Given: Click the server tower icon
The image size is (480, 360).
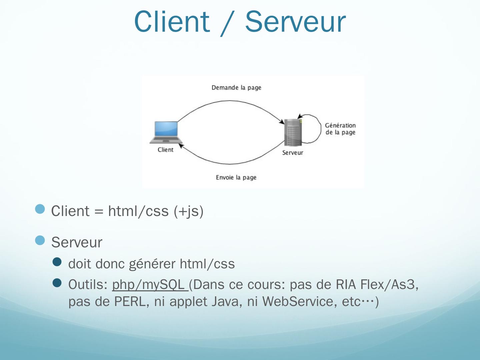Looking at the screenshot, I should [293, 132].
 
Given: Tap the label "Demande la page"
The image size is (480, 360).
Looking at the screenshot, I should [236, 88].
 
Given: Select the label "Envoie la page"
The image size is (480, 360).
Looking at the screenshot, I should [236, 177].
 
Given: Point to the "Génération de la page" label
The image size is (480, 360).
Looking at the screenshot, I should [340, 129].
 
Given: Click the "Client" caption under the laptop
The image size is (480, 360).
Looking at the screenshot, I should [165, 150].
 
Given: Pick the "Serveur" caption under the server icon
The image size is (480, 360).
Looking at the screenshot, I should [293, 153].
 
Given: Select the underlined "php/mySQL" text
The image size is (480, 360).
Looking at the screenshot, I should [148, 284].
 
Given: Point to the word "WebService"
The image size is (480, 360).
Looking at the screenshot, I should [298, 302].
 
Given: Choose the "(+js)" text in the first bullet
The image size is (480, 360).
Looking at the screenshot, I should [189, 211].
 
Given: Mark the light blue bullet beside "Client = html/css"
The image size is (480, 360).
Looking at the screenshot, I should [40, 209].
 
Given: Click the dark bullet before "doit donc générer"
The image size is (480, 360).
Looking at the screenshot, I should [57, 262].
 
